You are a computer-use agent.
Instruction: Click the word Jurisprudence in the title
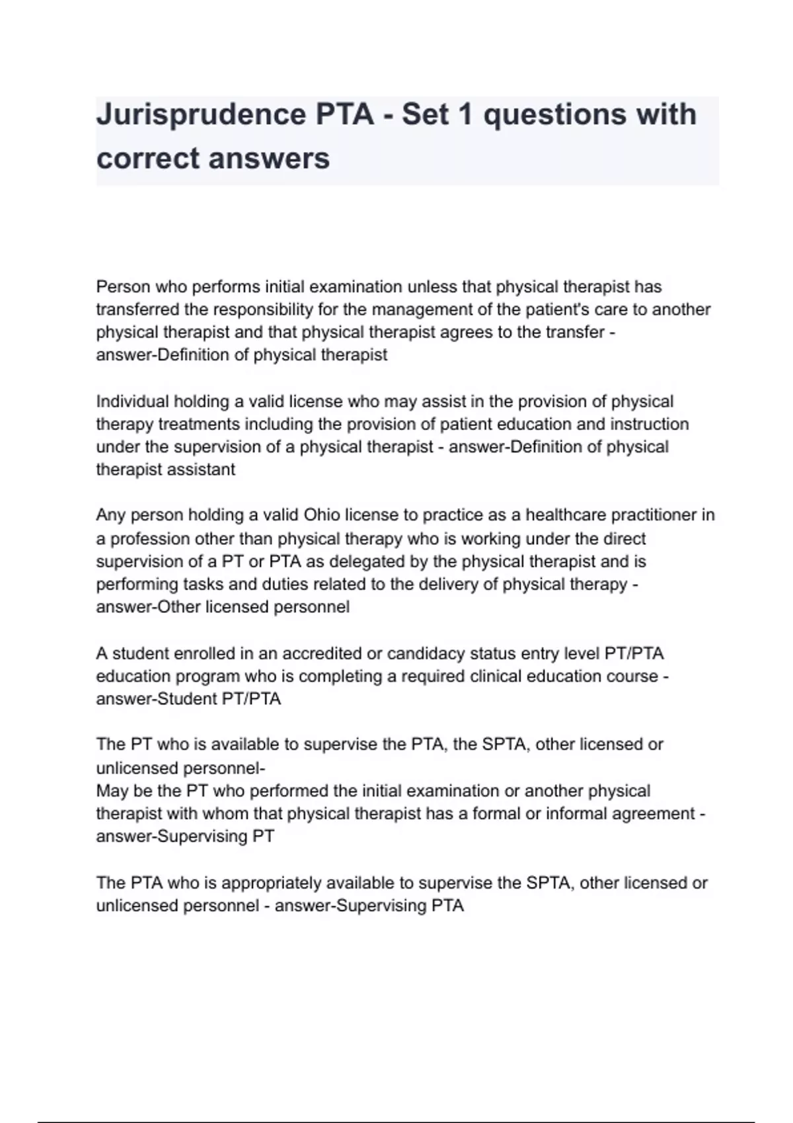tap(200, 115)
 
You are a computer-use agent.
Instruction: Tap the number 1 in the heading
tap(465, 115)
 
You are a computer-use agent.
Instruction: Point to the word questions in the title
tap(554, 115)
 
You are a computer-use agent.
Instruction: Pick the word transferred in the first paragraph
tap(138, 310)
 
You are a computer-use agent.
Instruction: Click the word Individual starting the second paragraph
tap(133, 402)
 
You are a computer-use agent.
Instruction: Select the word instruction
tap(649, 424)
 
